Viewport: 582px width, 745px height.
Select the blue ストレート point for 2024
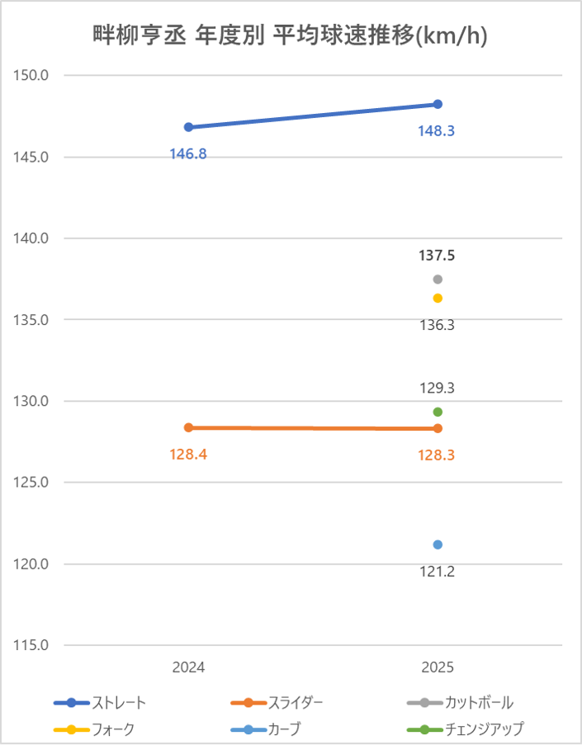point(188,127)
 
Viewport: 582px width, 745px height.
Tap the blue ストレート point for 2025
point(438,104)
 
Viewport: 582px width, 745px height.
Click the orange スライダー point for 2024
point(188,427)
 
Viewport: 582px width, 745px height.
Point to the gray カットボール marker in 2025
point(438,279)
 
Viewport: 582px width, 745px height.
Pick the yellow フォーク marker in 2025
point(438,298)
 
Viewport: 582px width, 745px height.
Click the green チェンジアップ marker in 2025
point(438,412)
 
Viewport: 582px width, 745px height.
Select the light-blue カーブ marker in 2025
point(438,545)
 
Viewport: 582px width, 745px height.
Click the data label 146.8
point(188,153)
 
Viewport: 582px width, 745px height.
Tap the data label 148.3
point(437,130)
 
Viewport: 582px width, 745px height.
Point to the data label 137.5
point(437,256)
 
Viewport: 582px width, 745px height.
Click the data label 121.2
point(437,571)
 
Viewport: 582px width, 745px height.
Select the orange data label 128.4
point(188,455)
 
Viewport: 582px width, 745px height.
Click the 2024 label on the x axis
point(188,667)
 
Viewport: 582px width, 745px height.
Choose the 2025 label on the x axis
point(437,667)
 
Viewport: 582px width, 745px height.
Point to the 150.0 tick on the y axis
point(33,75)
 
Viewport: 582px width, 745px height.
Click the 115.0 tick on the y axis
point(33,645)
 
